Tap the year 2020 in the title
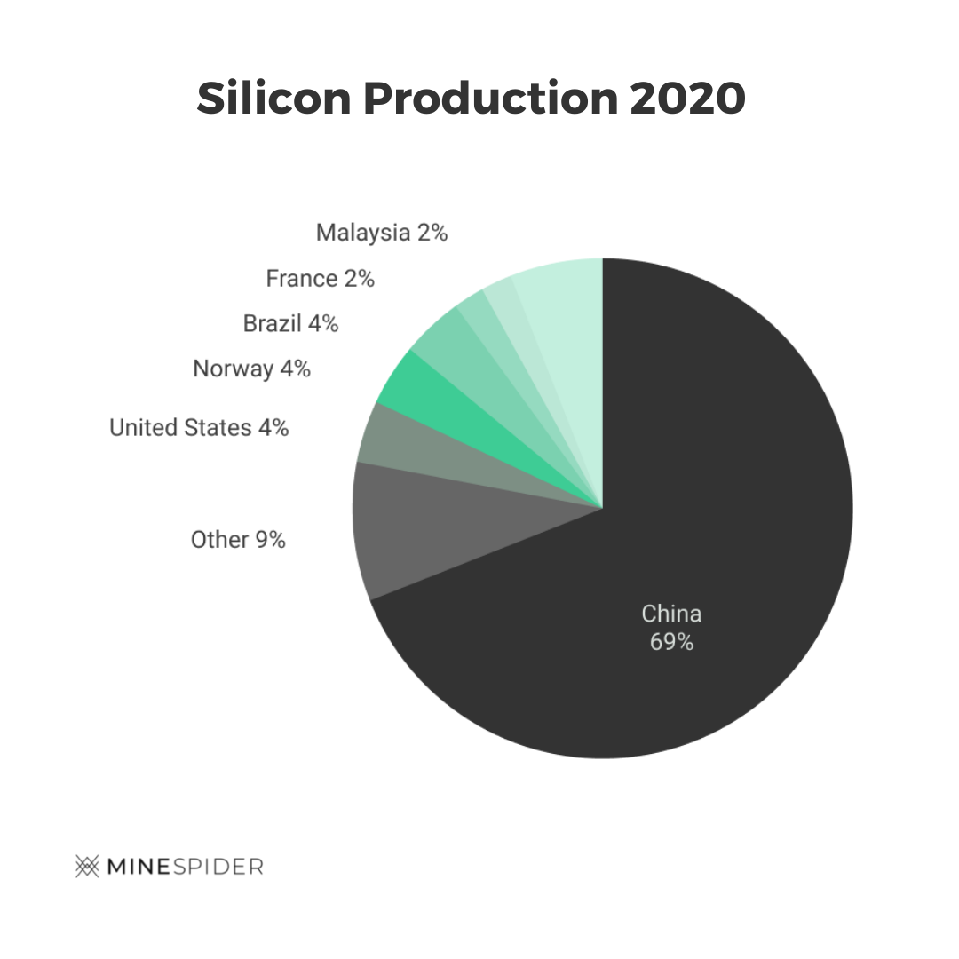[687, 99]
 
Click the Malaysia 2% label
[382, 233]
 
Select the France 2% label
[320, 279]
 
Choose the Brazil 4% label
[290, 323]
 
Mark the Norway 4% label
[251, 369]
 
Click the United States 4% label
[199, 428]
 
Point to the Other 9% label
[238, 539]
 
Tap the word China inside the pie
[671, 614]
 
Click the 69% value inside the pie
[671, 641]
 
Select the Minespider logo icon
[87, 866]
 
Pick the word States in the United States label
[218, 428]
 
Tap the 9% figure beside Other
[271, 539]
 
